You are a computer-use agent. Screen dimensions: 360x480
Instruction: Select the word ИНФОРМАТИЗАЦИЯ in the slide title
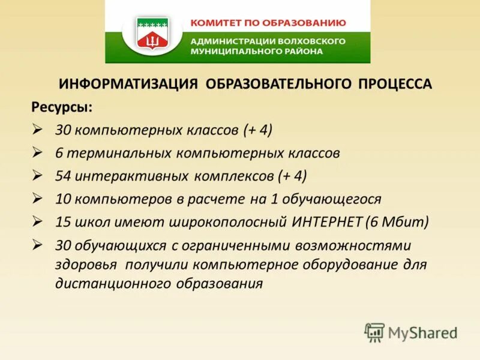(x=127, y=84)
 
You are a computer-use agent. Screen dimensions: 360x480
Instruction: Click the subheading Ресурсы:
(x=62, y=107)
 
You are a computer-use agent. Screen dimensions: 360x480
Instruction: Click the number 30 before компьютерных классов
(x=63, y=130)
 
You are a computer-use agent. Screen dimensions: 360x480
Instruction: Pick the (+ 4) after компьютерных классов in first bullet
(x=258, y=130)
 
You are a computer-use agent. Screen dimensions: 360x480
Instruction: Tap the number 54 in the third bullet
(x=63, y=176)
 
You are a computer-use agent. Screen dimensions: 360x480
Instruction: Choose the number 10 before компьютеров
(x=63, y=199)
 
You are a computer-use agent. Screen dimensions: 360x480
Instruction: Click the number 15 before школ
(x=63, y=222)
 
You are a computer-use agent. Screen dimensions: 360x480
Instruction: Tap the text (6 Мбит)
(x=397, y=222)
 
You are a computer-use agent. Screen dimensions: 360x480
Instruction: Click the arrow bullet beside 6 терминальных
(x=37, y=152)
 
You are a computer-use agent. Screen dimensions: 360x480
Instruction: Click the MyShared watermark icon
(x=374, y=332)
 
